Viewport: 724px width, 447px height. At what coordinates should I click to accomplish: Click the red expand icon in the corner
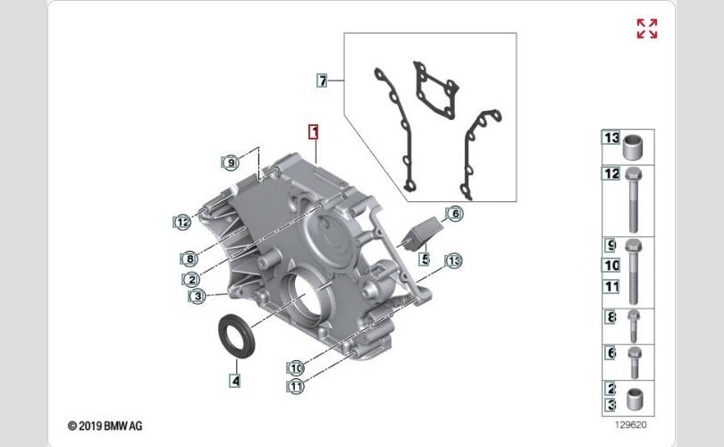647,29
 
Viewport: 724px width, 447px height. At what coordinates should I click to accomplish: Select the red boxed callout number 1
314,132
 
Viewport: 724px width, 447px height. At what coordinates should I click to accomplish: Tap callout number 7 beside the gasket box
322,80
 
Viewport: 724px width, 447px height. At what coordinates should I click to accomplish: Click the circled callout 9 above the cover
231,162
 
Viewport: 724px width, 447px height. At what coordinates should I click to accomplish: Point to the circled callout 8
189,258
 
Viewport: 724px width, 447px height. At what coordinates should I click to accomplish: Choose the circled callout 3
198,296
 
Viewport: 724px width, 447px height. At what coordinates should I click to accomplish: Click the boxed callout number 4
235,381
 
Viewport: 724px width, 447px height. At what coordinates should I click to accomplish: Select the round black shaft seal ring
236,334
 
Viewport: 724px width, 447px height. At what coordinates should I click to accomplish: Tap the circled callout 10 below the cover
296,367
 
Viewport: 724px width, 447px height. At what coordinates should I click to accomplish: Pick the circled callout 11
296,386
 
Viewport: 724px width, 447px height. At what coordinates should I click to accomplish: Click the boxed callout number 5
425,258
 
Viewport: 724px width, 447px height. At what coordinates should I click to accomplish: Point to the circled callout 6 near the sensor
455,214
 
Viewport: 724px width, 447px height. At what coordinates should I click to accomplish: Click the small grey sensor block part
419,233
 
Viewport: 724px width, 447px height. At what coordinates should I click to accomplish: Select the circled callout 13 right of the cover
453,260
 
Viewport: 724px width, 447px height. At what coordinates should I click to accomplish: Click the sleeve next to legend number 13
633,148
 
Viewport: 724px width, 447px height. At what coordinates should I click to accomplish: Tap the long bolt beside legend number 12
633,200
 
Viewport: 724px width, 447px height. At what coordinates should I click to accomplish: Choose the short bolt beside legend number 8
633,326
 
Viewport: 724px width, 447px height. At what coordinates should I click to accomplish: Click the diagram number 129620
631,425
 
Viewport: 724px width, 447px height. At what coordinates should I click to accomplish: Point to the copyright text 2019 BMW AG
105,426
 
